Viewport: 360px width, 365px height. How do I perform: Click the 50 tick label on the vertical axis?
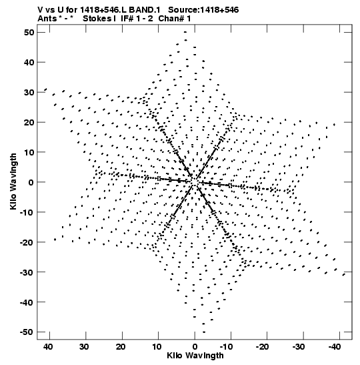(29, 32)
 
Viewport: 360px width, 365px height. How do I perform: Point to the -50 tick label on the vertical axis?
(27, 332)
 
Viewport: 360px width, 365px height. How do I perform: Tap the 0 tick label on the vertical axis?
(31, 182)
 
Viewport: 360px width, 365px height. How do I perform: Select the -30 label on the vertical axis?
(27, 272)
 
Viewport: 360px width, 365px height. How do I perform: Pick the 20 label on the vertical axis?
(29, 122)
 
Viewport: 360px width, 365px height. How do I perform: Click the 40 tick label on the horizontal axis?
(48, 347)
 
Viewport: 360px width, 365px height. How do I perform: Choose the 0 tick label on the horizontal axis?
(195, 347)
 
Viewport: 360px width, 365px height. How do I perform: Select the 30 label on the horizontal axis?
(84, 347)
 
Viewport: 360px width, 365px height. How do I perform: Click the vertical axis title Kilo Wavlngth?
(13, 181)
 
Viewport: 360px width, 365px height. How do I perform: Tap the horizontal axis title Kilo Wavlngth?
(195, 356)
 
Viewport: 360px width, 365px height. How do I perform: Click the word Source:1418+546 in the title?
(203, 10)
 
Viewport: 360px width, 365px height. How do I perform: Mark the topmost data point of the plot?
(185, 32)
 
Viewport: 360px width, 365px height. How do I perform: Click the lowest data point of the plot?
(204, 332)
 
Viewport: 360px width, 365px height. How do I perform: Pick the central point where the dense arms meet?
(195, 181)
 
